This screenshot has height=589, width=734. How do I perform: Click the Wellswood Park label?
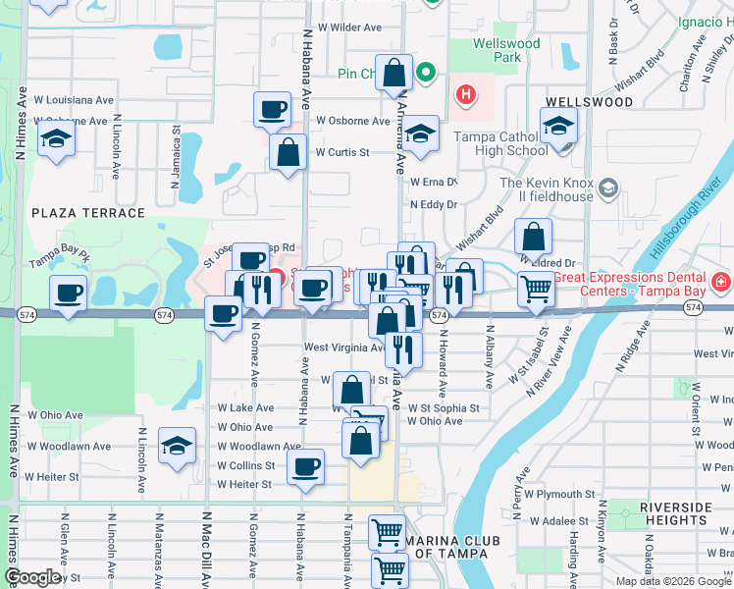coord(506,50)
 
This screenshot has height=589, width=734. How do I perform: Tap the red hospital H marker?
coord(465,95)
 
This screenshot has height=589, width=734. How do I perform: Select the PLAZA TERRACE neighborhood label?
coord(88,213)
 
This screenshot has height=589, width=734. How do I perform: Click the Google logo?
coord(31,577)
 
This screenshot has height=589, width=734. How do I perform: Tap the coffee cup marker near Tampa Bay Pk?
coord(69,294)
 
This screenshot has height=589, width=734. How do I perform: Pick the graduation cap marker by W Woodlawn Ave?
coord(177,448)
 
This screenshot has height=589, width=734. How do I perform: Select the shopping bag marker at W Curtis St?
coord(288,153)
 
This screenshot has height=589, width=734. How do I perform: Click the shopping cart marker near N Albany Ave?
coord(536,290)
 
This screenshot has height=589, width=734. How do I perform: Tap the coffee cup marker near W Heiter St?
coord(306,466)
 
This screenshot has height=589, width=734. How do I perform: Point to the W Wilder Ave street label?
coord(342,27)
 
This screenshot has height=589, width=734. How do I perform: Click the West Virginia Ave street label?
coord(343,348)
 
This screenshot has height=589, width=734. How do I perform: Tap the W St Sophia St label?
coord(444,407)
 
